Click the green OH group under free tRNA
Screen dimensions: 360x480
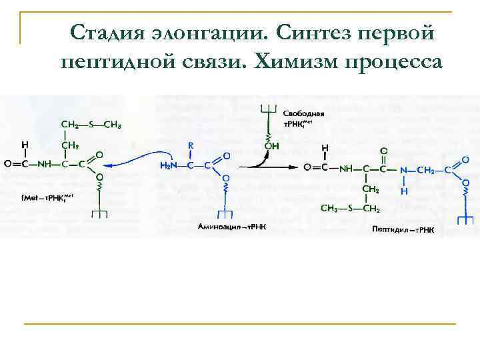tap(272, 145)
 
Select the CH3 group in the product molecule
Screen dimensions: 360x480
tap(330, 209)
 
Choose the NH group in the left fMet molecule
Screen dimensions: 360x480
tap(45, 165)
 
